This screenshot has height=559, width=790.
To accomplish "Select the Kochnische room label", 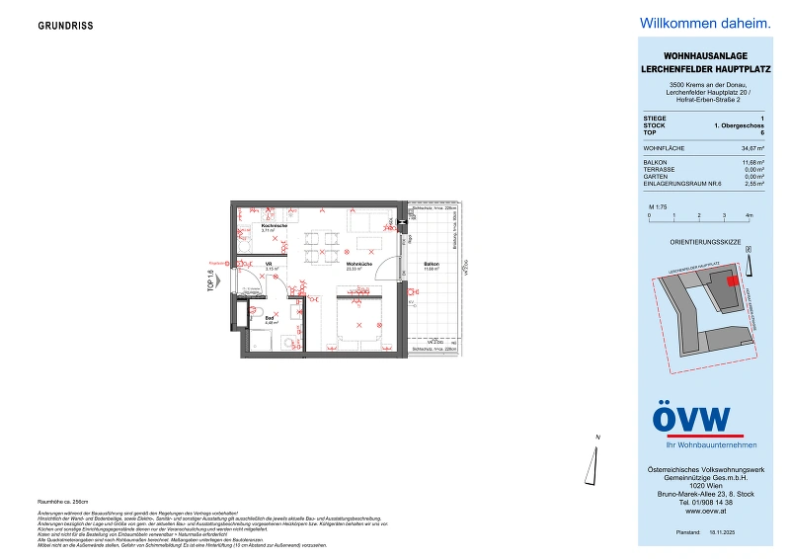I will point(274,226).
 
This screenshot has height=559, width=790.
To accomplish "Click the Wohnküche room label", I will point(358,265).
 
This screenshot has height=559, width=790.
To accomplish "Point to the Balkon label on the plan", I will point(432,265).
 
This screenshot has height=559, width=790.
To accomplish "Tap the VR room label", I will point(270,265).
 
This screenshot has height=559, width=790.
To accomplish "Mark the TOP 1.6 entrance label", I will point(211,283).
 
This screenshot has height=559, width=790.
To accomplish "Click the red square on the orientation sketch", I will point(732,280).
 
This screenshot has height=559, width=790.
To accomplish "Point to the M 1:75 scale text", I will point(657,205).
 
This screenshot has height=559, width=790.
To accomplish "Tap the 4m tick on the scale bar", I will point(749,214).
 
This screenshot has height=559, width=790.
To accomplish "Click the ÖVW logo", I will point(692,419).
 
